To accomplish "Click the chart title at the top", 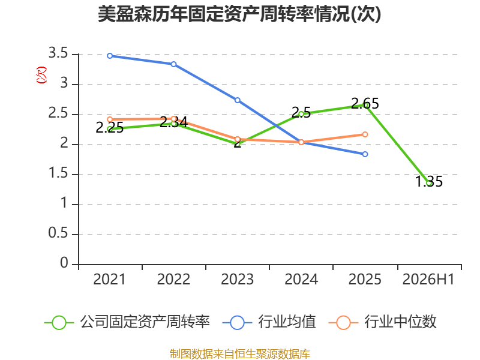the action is (239, 14).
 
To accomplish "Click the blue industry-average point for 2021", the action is (110, 56).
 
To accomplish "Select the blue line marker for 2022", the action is (173, 64).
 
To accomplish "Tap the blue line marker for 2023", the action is (238, 100).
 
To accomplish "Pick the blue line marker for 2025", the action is (365, 154).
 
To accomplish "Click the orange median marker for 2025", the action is (365, 134).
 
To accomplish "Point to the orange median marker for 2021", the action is (110, 119).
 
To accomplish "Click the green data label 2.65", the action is (365, 103).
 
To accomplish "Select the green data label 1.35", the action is (429, 181).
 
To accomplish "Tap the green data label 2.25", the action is (110, 127).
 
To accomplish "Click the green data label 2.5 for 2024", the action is (301, 112).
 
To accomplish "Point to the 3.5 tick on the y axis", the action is (58, 53).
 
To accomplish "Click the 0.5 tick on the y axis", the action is (58, 233).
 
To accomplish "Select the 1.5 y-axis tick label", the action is (58, 173).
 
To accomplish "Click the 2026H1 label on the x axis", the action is (428, 279).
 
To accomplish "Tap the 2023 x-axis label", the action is (238, 279).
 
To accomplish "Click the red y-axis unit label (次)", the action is (41, 75).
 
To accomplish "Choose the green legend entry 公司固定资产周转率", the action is (127, 322).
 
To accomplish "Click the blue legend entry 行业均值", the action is (269, 322).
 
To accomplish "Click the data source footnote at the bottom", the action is (240, 354).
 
